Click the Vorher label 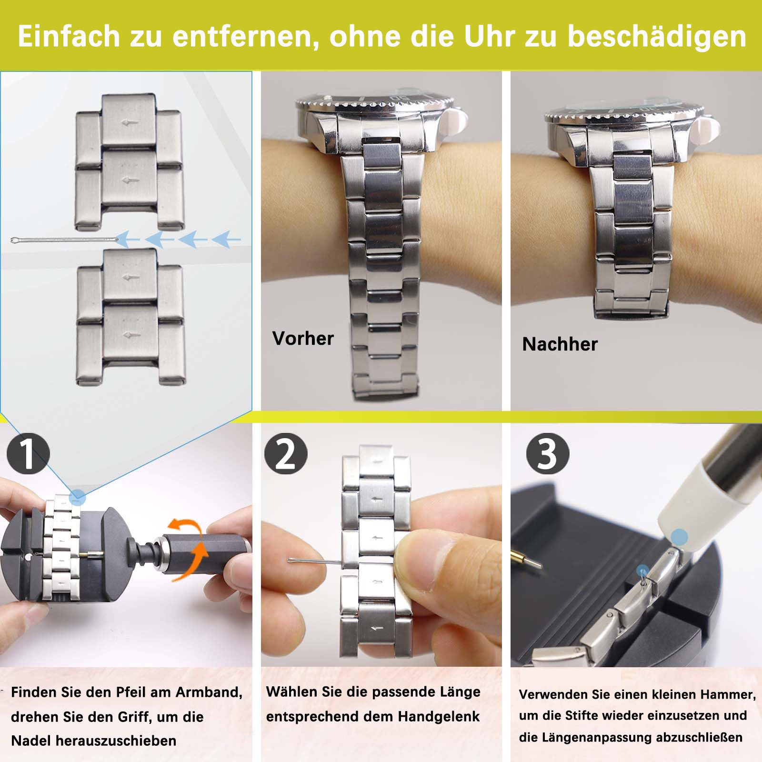click(303, 339)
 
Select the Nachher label click(560, 344)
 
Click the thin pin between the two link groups click(64, 240)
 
